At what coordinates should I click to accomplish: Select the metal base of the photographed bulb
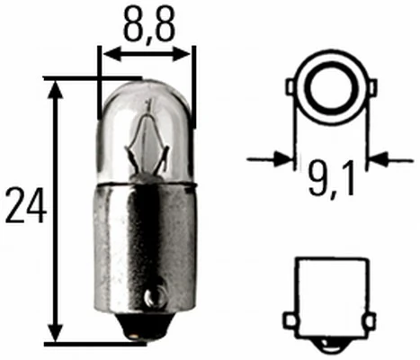[x=147, y=252]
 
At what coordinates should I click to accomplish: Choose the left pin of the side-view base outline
[x=290, y=320]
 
